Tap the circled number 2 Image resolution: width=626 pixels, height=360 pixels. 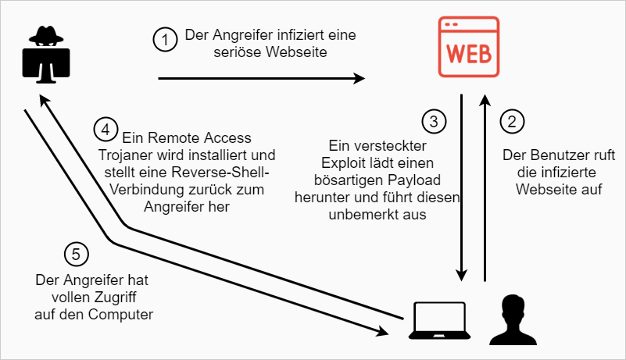[x=512, y=121]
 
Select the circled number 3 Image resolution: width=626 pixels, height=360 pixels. [x=433, y=121]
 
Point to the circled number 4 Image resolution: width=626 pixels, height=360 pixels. [x=104, y=129]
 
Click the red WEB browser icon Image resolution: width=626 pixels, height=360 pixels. [x=468, y=49]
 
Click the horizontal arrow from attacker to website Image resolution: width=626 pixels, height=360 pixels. [x=262, y=78]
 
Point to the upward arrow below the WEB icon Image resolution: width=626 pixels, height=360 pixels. [x=485, y=187]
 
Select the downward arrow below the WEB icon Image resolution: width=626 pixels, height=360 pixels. [x=462, y=187]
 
